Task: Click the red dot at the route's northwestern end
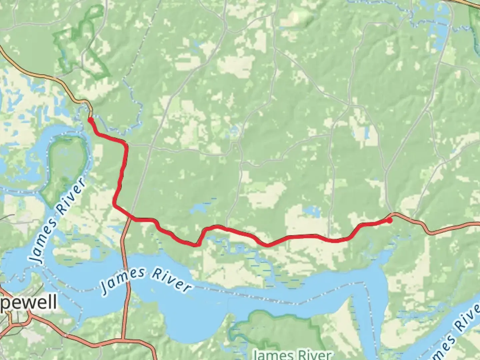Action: pyautogui.click(x=90, y=119)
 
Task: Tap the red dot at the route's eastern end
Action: pyautogui.click(x=389, y=220)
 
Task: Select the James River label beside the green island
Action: pyautogui.click(x=57, y=221)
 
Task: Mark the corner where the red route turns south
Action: pyautogui.click(x=125, y=144)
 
